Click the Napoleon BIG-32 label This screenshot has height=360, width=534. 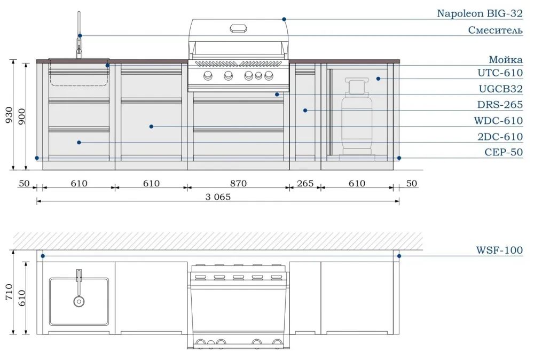pos(480,13)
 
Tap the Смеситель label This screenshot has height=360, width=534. pos(495,30)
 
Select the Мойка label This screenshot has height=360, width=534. pos(506,60)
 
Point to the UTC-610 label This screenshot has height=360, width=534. pos(500,73)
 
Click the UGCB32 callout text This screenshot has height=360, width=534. pos(501,89)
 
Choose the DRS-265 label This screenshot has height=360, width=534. pos(500,104)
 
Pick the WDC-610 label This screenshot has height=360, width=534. pos(498,120)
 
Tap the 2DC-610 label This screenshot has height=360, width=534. pos(500,136)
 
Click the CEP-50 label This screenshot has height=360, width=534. pos(504,152)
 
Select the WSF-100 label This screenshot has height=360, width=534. pos(499,250)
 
